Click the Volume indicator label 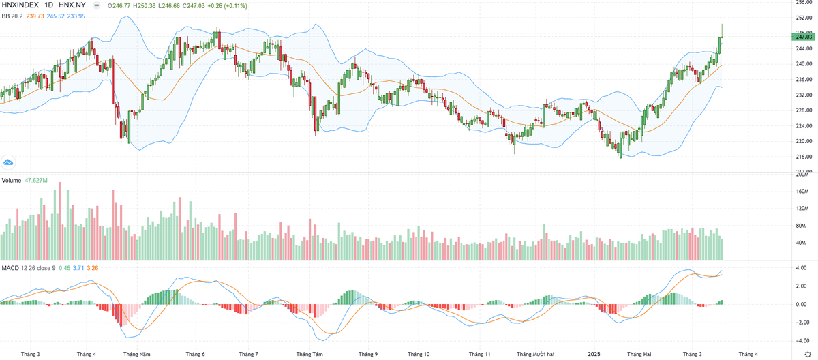coord(12,181)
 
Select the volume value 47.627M coord(36,181)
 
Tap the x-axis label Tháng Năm coord(136,355)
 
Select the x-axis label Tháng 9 coord(367,355)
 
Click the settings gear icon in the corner coord(808,355)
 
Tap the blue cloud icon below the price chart coord(8,162)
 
